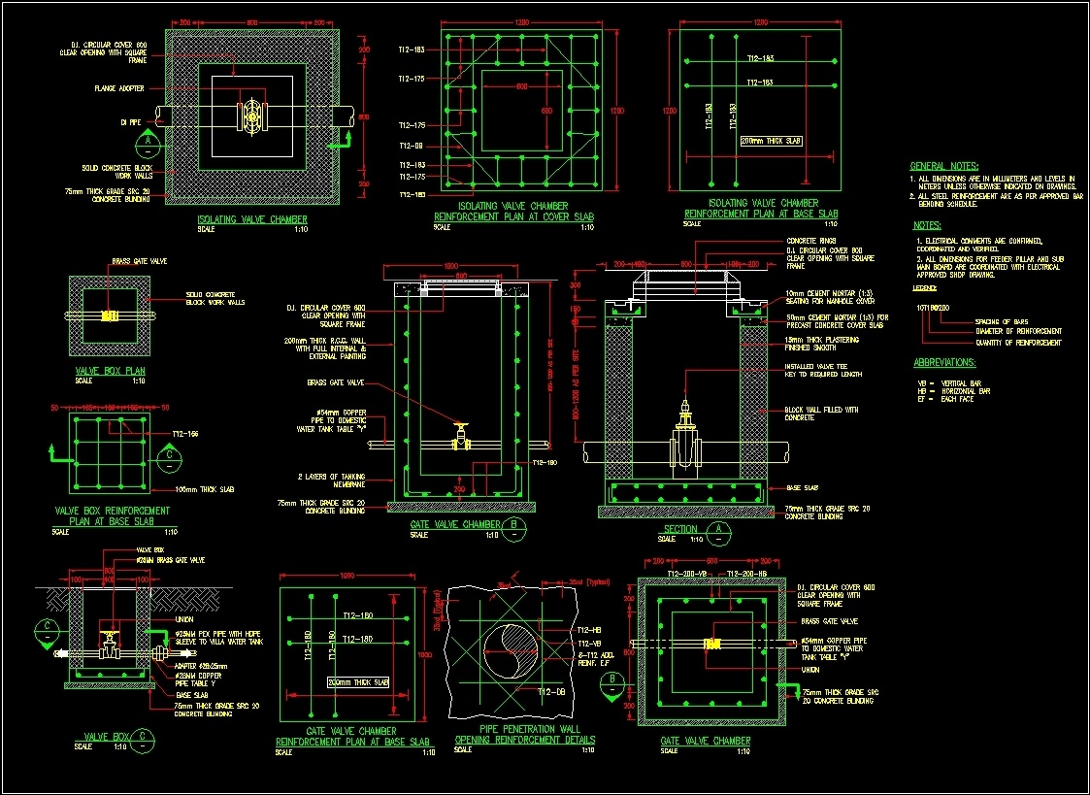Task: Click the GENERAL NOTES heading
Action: tap(943, 166)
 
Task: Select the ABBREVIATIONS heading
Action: tap(944, 362)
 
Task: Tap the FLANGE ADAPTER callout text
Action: tap(119, 88)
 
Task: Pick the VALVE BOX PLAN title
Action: tap(110, 371)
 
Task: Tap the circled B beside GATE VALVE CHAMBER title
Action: tap(516, 525)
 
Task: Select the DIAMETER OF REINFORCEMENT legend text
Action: tap(1014, 331)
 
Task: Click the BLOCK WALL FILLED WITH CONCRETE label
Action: tap(821, 414)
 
